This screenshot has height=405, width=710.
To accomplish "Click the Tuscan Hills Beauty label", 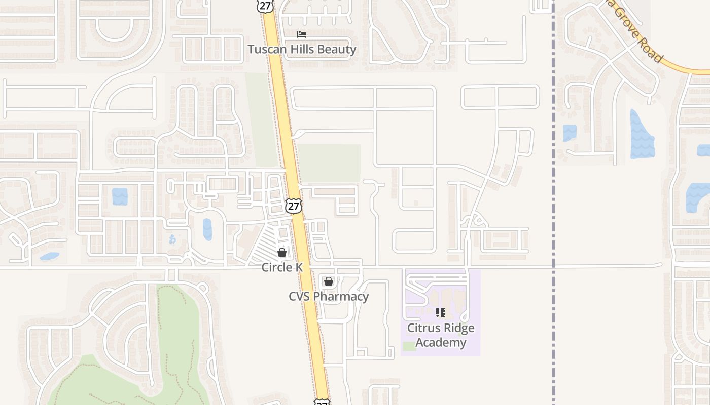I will click(302, 49).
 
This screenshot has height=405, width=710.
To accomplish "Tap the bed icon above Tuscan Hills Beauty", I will click(302, 34).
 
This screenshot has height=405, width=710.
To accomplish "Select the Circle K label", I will click(282, 267).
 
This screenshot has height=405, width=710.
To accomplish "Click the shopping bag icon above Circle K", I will click(282, 252).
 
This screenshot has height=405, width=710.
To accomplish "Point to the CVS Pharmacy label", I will click(329, 296).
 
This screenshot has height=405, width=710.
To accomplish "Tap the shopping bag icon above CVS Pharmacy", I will click(329, 281).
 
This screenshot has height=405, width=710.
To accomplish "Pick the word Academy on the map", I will click(441, 342).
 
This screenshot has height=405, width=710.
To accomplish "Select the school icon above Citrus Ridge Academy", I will click(441, 313).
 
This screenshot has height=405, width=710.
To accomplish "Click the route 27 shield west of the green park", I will click(294, 206).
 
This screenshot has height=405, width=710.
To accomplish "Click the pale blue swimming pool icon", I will click(172, 239).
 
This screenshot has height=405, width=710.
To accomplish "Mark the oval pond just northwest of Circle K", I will click(207, 229).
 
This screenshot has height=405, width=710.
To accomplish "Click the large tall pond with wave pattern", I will click(642, 134).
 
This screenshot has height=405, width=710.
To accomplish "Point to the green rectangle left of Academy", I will click(409, 346).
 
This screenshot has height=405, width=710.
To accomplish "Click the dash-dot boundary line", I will click(553, 202).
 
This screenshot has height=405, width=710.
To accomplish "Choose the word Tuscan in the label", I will click(266, 49).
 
